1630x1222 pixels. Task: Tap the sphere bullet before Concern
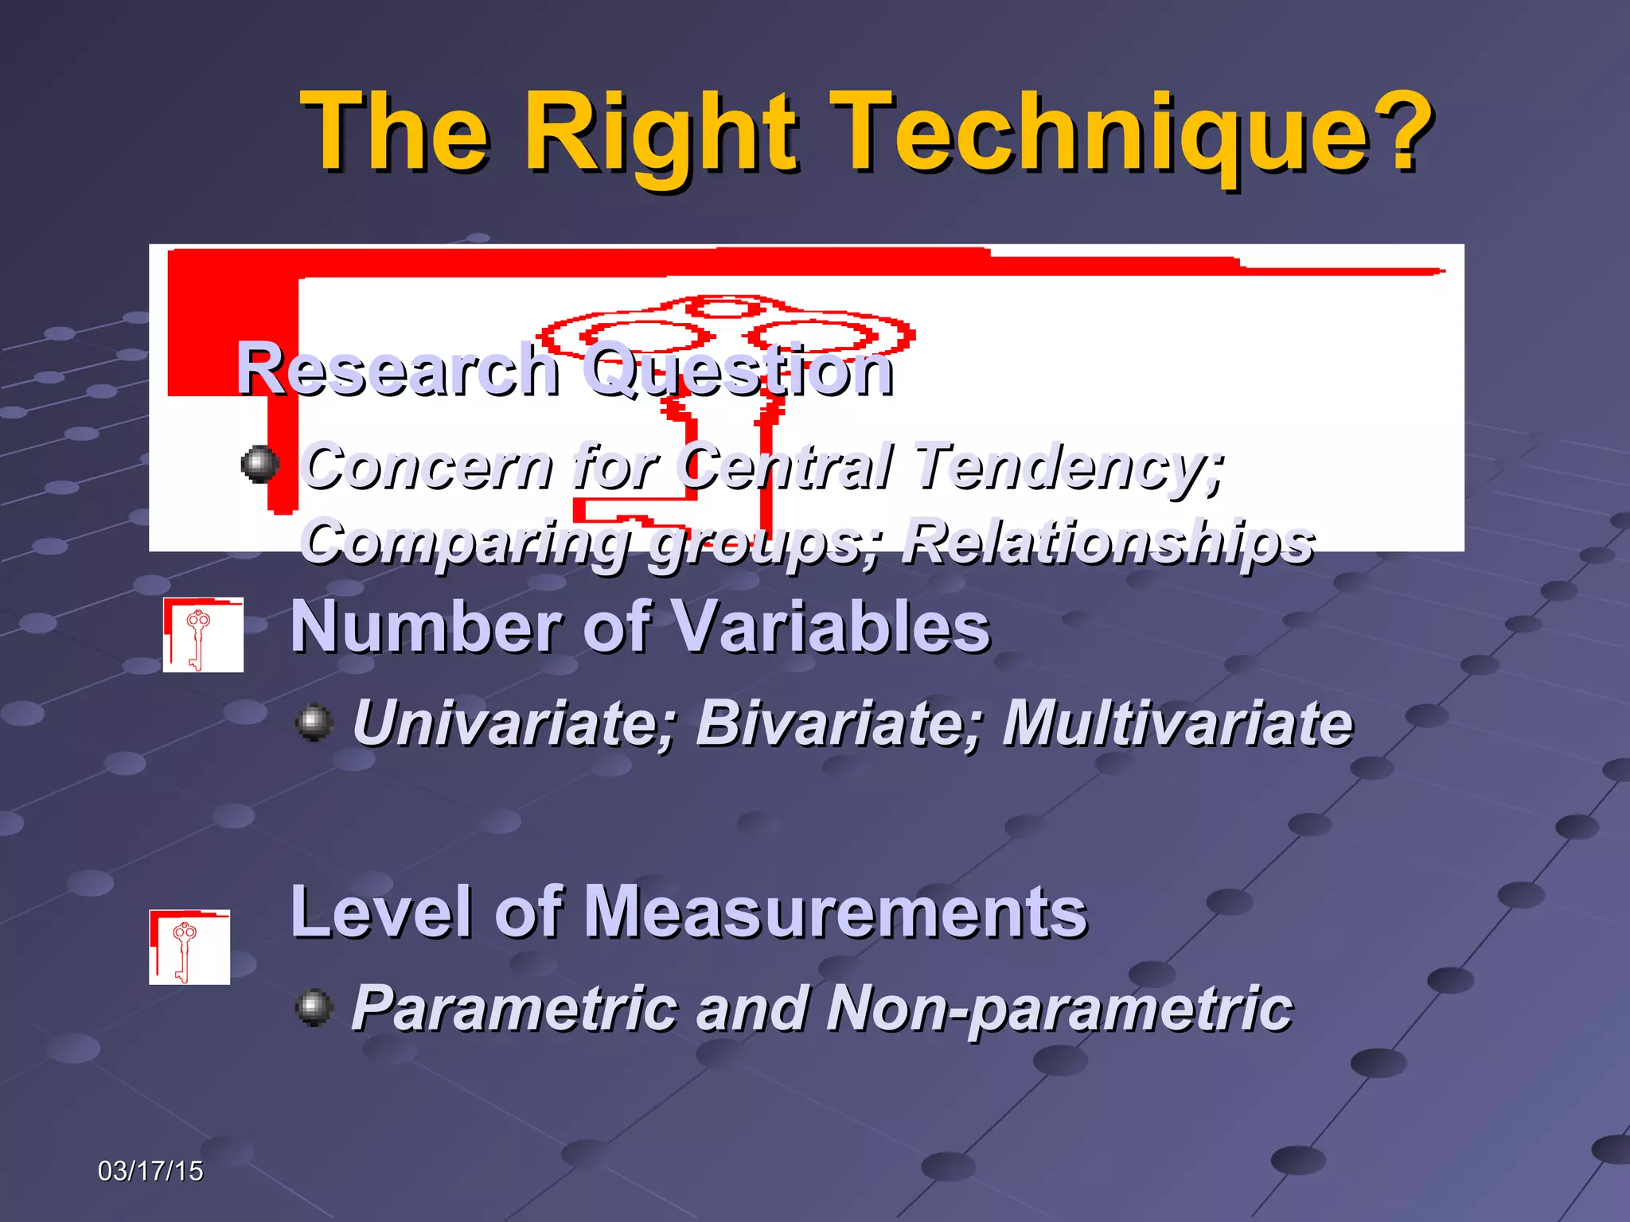click(x=259, y=465)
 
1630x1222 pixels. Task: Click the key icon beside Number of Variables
click(x=203, y=635)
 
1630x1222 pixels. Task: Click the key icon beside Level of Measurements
click(x=189, y=947)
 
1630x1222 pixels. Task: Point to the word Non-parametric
click(x=1059, y=1009)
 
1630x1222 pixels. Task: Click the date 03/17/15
click(x=150, y=1171)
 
